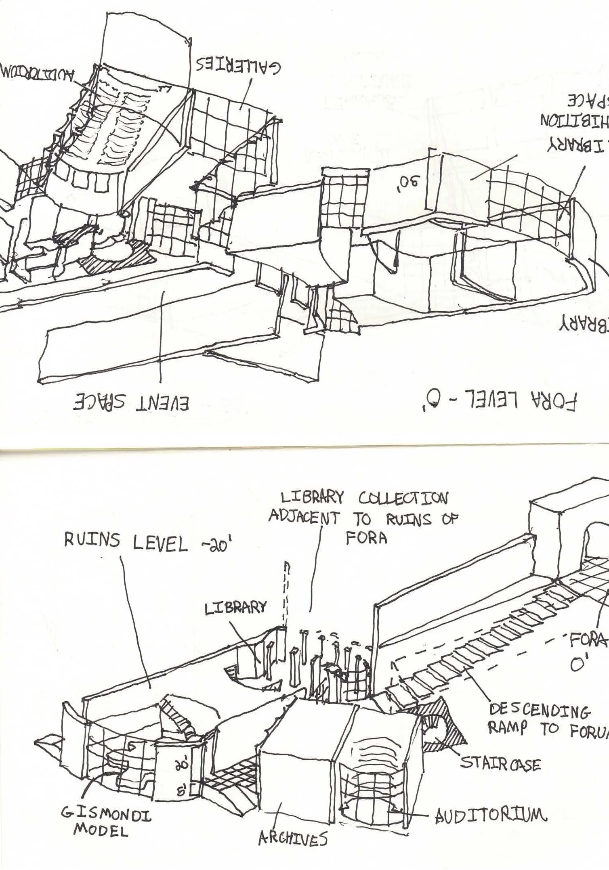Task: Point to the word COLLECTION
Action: point(402,499)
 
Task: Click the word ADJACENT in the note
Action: point(304,518)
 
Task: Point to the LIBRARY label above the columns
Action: point(236,608)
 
